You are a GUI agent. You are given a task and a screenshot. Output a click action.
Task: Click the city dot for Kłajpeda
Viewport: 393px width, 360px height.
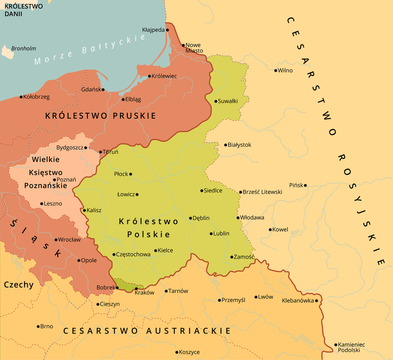click(167, 30)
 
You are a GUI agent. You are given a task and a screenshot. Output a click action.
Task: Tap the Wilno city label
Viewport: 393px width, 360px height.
click(285, 70)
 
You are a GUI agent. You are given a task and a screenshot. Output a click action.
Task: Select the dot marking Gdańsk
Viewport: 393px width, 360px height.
click(103, 90)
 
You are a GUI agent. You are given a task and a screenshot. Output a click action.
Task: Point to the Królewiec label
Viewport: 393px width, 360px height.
click(165, 76)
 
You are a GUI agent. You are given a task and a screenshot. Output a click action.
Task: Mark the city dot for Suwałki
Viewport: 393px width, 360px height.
click(216, 101)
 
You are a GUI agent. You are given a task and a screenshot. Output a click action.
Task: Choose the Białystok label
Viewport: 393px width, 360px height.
click(239, 145)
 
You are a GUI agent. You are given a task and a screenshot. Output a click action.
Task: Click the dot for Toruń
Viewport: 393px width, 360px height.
click(101, 152)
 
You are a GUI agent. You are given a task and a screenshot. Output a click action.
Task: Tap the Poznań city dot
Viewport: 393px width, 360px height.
click(54, 180)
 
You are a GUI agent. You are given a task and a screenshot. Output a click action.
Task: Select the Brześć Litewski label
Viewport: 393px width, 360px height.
click(262, 192)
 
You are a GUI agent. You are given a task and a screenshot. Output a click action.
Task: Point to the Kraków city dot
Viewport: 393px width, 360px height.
click(136, 288)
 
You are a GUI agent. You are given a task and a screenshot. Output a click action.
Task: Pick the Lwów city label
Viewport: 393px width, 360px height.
click(266, 297)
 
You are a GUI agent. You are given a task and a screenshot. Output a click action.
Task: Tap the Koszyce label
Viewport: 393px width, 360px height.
click(190, 352)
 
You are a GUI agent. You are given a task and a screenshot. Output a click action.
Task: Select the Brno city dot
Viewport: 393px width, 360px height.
click(38, 326)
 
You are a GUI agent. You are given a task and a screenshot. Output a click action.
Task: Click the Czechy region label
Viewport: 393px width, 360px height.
click(18, 285)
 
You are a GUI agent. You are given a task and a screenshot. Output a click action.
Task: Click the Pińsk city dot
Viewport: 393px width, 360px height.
click(305, 185)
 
